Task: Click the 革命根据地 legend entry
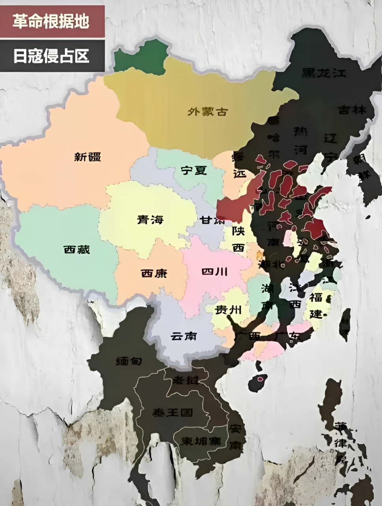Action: [51, 21]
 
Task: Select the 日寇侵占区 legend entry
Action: [51, 56]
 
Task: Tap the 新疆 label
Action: [88, 157]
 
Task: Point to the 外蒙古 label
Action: [208, 111]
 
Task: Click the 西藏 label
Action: [77, 249]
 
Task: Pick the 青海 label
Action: [150, 220]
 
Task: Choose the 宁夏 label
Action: [194, 170]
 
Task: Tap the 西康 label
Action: [154, 273]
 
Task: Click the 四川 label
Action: [215, 272]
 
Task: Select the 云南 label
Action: [184, 336]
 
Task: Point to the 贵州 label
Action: [228, 310]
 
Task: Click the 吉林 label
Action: [352, 110]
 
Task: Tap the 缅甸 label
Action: [129, 361]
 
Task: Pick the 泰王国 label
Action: [173, 413]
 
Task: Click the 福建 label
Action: [316, 305]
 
